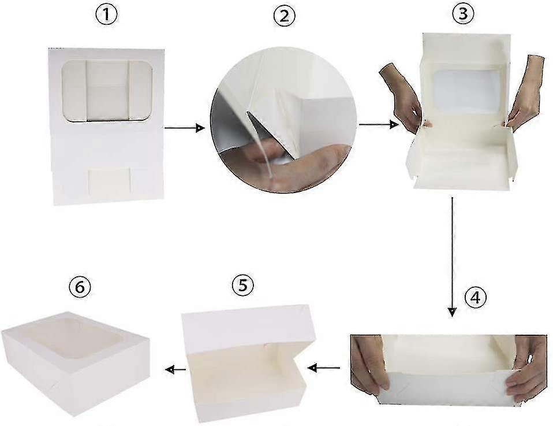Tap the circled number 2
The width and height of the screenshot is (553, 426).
(283, 16)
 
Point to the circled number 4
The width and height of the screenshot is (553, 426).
(474, 298)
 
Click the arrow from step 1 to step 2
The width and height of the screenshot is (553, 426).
(184, 128)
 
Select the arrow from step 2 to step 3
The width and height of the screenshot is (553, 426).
(379, 124)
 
